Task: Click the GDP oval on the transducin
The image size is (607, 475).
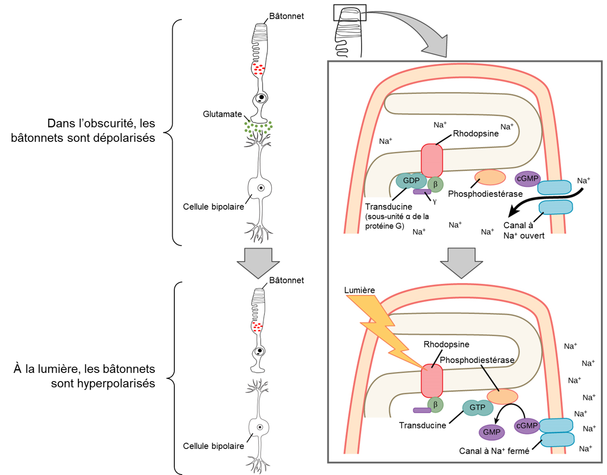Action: click(411, 181)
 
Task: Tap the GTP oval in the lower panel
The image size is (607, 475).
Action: click(477, 408)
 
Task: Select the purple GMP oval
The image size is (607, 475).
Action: click(491, 432)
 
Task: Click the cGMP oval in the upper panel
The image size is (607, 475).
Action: click(527, 179)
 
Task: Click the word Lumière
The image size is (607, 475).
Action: click(360, 290)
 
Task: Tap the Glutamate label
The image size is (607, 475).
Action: click(222, 114)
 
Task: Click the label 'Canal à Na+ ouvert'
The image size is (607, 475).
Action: click(523, 231)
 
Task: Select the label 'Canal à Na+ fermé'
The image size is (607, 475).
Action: click(494, 451)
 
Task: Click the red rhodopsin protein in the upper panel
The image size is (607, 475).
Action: click(432, 160)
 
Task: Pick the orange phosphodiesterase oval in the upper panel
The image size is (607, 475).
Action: click(490, 177)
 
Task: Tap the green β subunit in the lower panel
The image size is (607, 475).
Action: click(435, 405)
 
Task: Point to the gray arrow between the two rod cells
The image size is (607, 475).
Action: click(258, 262)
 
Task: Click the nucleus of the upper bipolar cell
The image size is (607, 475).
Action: click(261, 188)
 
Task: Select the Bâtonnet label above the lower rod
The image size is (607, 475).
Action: click(286, 280)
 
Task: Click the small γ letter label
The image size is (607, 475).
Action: click(435, 201)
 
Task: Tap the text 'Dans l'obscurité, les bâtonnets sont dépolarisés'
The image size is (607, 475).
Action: click(83, 130)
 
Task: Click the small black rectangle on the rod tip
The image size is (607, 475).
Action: click(350, 13)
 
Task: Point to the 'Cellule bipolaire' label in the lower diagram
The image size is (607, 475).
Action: click(213, 446)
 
